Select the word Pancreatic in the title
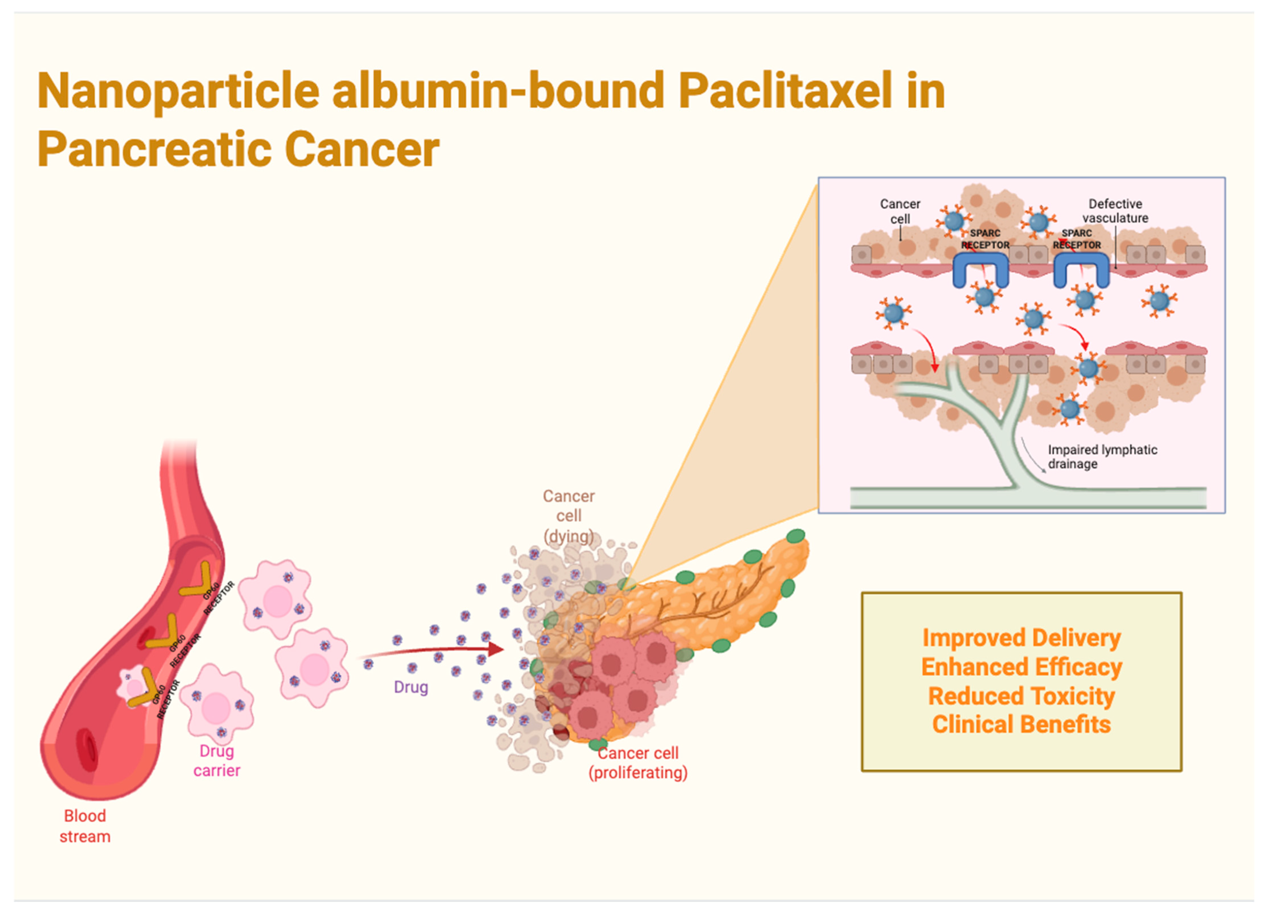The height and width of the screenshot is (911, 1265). click(154, 149)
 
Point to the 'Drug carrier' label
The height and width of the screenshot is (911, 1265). click(217, 760)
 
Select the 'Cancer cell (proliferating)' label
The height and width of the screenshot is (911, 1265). click(638, 762)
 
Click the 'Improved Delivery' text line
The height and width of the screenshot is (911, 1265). click(1021, 638)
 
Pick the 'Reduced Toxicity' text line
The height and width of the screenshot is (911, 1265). click(1021, 696)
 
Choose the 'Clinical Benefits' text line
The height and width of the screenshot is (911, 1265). click(1021, 724)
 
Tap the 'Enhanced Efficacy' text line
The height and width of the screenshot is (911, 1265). click(1021, 667)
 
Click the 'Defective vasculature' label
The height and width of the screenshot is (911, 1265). click(1115, 211)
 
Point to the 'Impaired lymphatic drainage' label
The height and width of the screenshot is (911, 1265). click(1102, 456)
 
